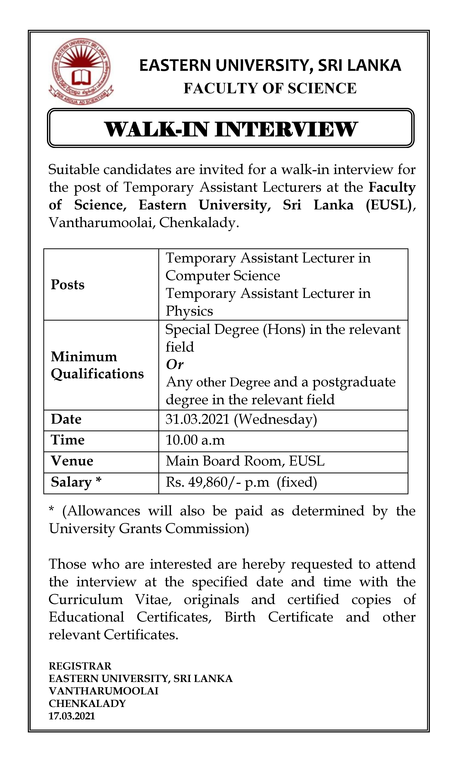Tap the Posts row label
coord(68,285)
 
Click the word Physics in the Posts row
coord(189,311)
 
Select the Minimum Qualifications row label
coord(97,365)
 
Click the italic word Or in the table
coord(175,365)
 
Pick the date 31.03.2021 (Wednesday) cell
coord(241,419)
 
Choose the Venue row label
coord(72,461)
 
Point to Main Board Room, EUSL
coord(245,461)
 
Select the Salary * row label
coord(76,482)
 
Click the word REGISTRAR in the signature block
coord(80,666)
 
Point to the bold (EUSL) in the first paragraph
coord(389,205)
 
